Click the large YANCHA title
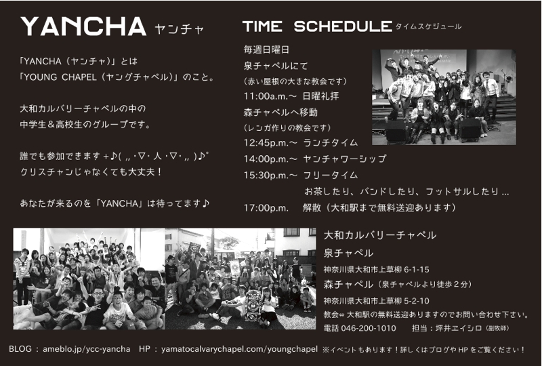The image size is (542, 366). point(83,26)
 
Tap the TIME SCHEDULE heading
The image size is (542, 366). point(317,26)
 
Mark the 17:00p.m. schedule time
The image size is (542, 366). point(266,207)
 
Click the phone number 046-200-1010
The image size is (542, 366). point(369,328)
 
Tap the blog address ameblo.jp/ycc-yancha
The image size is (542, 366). point(87,349)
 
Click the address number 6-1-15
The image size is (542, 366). point(417,270)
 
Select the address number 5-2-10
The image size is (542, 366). point(417,301)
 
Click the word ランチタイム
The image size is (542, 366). point(331,143)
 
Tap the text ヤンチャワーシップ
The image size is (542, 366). point(345,159)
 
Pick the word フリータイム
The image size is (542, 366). point(331,175)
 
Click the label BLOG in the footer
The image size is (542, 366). point(20,348)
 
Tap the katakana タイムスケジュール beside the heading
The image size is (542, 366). point(428,26)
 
